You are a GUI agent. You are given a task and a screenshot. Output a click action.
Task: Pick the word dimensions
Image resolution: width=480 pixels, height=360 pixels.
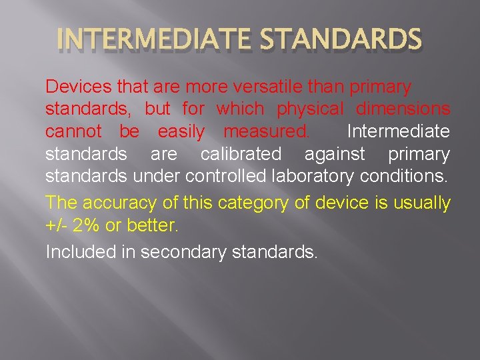[403, 109]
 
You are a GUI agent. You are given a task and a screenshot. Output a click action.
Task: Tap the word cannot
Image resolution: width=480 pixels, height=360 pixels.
[73, 131]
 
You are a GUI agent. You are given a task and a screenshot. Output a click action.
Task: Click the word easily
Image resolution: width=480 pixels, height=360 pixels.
[181, 131]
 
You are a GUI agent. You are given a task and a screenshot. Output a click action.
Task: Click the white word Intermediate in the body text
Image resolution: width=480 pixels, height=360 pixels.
[399, 131]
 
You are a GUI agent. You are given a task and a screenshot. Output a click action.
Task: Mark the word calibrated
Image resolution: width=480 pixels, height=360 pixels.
[241, 154]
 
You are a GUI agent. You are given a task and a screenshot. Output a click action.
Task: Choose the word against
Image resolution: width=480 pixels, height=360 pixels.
[335, 154]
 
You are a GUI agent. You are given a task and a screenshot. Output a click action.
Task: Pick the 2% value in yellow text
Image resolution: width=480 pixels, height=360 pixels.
[88, 225]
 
